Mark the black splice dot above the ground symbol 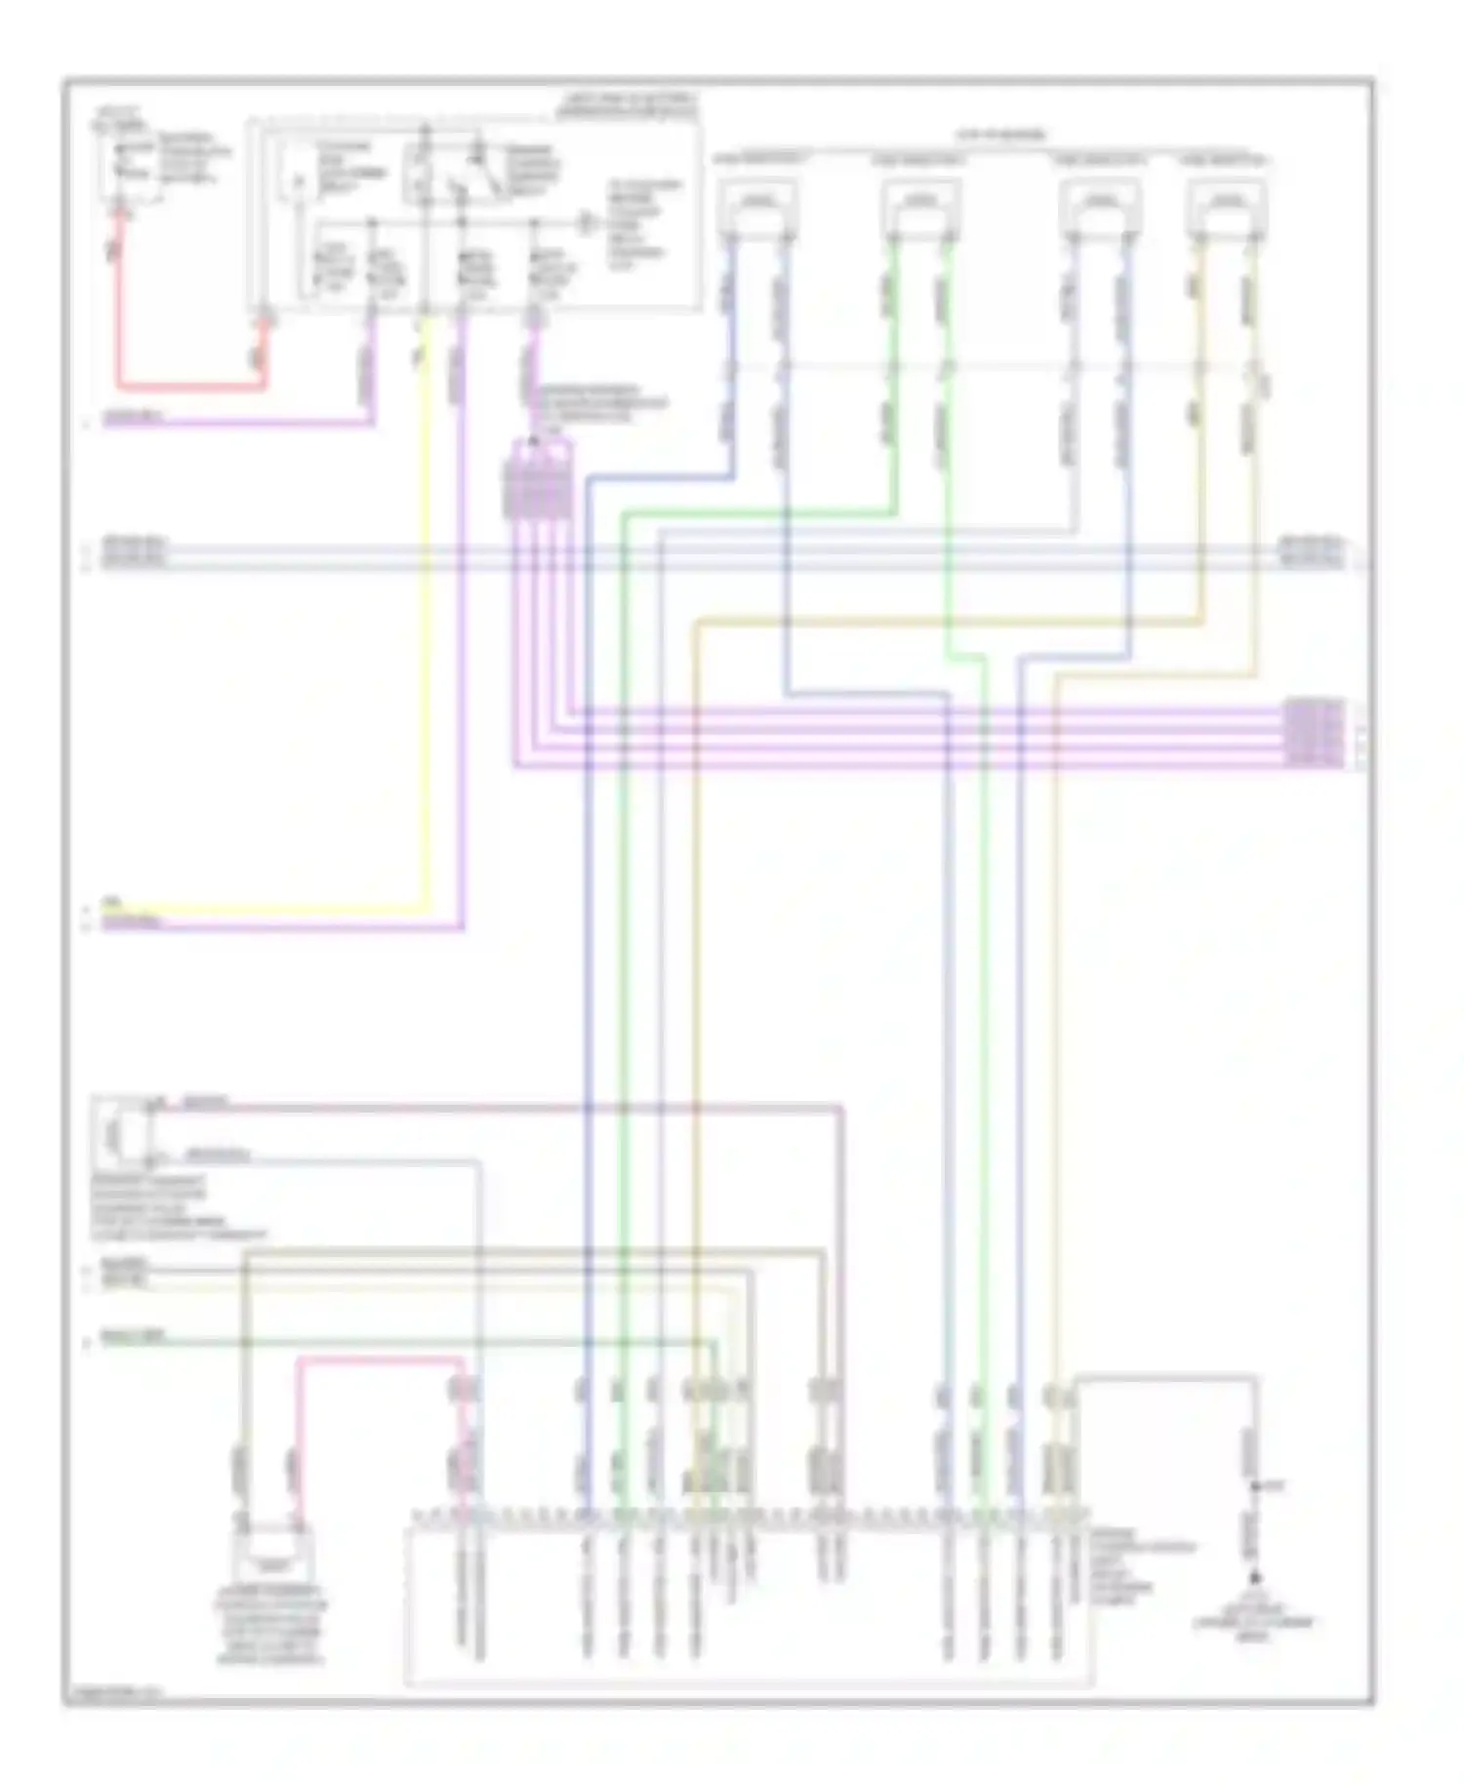tap(1255, 1487)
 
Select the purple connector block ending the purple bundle tap(1314, 730)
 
